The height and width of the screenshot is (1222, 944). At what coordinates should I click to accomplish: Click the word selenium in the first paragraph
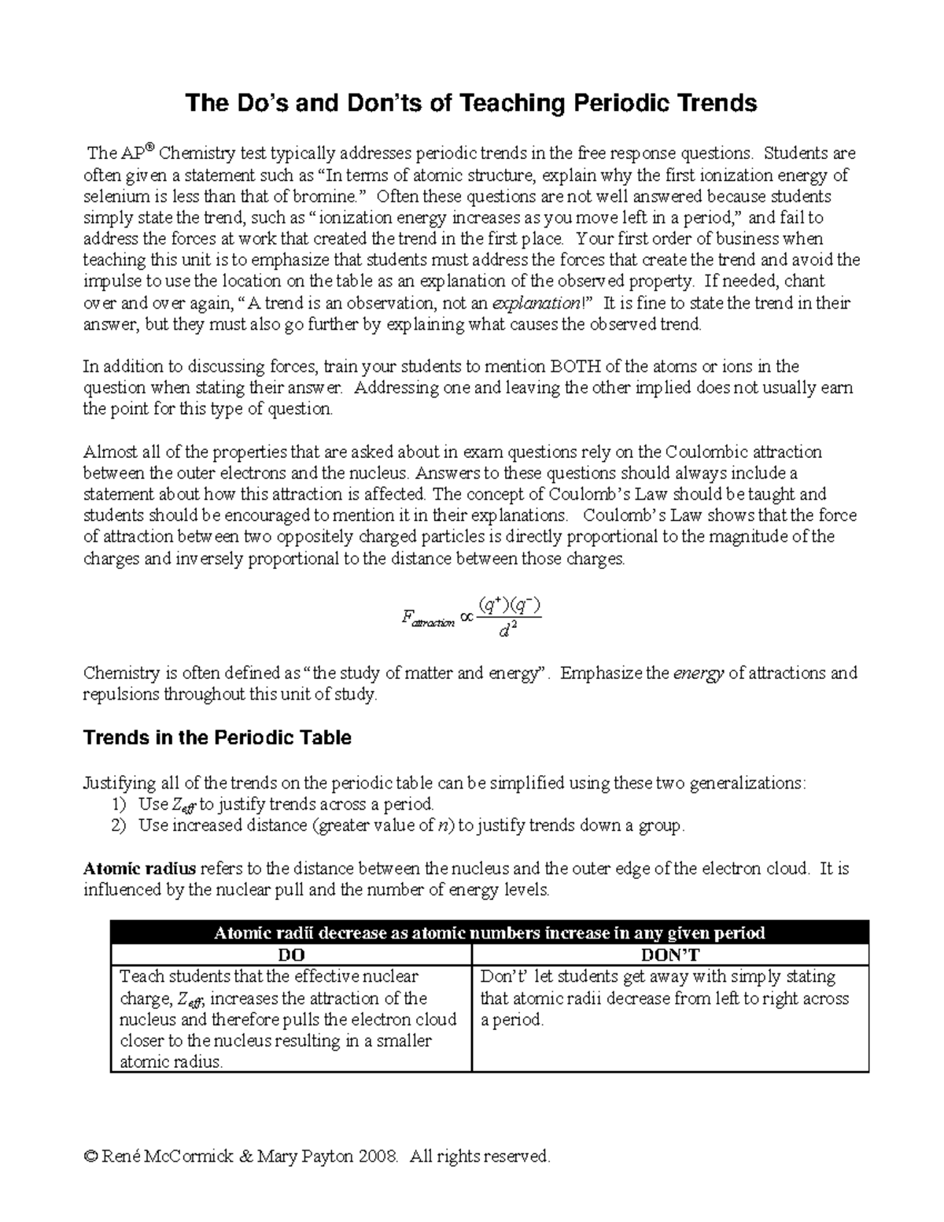(x=112, y=196)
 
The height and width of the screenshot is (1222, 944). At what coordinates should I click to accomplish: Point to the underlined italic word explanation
(x=536, y=303)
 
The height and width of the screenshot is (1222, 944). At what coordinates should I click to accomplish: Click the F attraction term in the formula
(x=428, y=619)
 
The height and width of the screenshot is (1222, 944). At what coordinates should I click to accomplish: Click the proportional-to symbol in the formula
(x=467, y=618)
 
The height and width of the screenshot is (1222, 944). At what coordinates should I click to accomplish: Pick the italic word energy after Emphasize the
(x=699, y=674)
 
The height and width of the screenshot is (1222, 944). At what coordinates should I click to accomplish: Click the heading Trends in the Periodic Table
(x=217, y=738)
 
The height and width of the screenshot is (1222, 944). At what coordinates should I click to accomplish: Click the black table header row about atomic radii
(x=489, y=933)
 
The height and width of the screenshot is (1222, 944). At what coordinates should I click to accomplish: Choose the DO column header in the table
(x=291, y=955)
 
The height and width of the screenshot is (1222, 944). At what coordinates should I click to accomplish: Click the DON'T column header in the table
(x=669, y=955)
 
